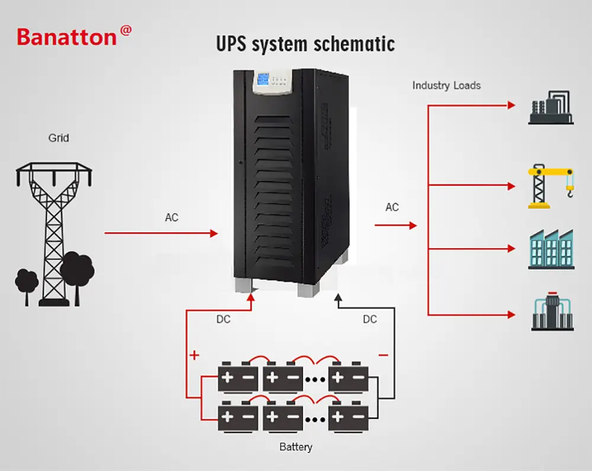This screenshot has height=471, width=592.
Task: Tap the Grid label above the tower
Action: [x=59, y=138]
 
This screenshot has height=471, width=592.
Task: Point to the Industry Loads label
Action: [x=446, y=85]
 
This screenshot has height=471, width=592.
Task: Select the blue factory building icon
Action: [x=551, y=249]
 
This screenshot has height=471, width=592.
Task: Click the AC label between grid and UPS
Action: [x=171, y=218]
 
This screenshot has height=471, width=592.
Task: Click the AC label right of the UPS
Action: [x=392, y=207]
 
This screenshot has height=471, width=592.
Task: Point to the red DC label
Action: [x=223, y=319]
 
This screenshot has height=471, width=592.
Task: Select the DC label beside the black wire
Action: [x=369, y=319]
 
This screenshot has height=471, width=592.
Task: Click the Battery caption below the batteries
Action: [x=295, y=447]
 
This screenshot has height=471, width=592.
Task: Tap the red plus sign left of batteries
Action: [x=194, y=355]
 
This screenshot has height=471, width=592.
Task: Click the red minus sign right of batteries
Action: [x=384, y=355]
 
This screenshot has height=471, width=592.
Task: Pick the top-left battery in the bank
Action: [x=237, y=377]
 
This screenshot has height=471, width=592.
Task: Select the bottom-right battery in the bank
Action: [x=348, y=416]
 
